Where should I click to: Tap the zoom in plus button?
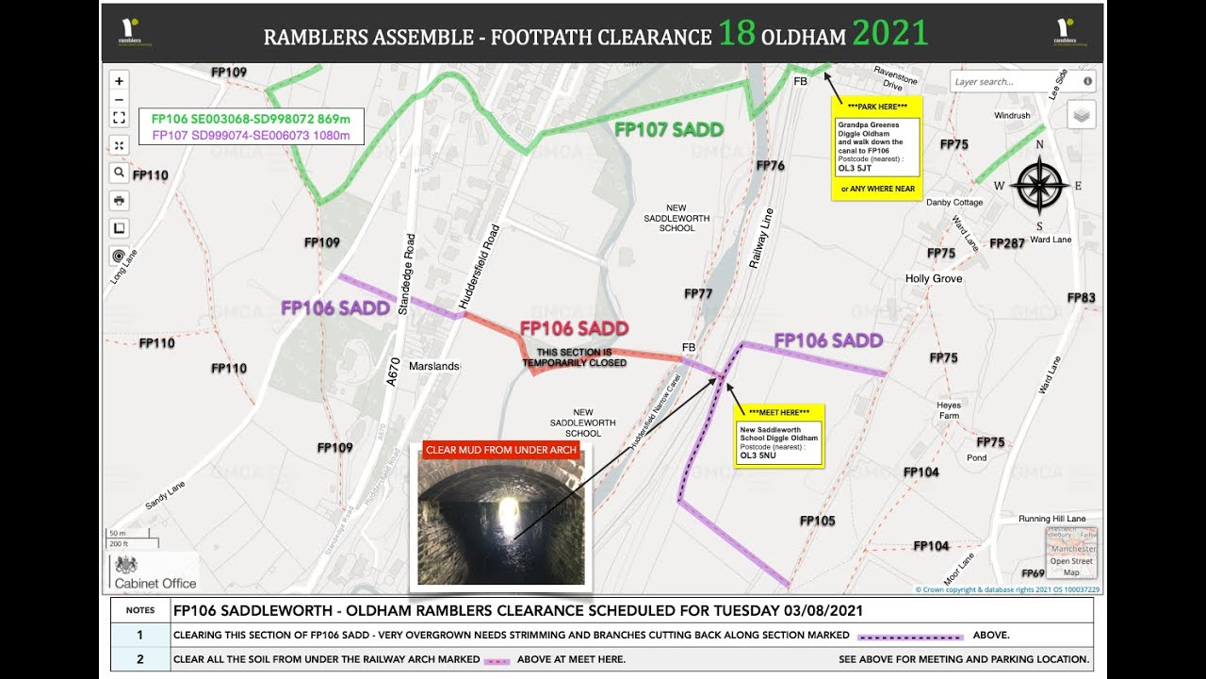click(x=119, y=81)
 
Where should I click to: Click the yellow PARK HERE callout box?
click(x=875, y=147)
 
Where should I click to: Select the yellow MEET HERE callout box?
click(x=778, y=436)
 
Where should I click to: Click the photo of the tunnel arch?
click(x=501, y=522)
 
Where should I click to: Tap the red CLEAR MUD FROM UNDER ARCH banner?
click(x=501, y=451)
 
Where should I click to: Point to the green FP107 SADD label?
click(x=669, y=130)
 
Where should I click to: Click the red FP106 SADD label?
click(x=574, y=328)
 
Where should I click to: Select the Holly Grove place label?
click(x=934, y=279)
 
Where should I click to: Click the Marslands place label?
click(x=434, y=366)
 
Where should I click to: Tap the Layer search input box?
click(x=1016, y=82)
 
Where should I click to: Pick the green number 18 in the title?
click(x=737, y=34)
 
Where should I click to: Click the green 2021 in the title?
click(x=890, y=34)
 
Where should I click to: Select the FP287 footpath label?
click(x=1006, y=243)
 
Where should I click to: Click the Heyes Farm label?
click(x=949, y=410)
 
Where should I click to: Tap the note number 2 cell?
click(x=139, y=659)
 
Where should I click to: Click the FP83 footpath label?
click(x=1081, y=298)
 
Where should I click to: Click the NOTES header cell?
click(x=139, y=610)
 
